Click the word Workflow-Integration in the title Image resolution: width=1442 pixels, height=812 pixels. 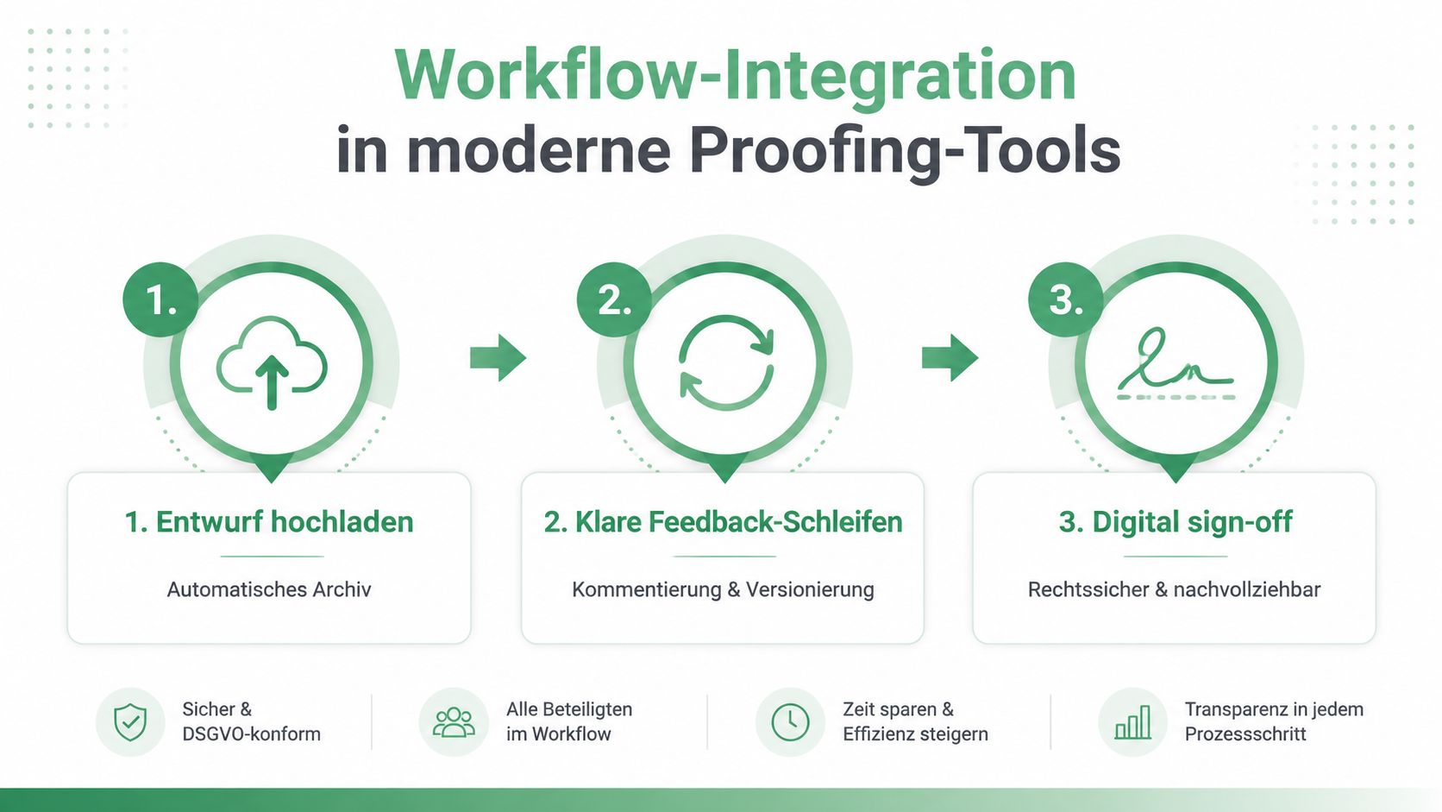(736, 76)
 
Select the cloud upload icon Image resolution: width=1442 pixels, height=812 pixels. (272, 362)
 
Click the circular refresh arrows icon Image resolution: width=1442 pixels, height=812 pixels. (726, 362)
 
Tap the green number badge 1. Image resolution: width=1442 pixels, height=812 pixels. (161, 299)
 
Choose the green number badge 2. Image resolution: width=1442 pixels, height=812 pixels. (615, 299)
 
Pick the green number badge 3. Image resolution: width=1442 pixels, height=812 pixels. (1066, 299)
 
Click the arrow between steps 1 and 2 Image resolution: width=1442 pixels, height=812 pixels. (498, 358)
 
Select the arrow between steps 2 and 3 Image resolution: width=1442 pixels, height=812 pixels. (950, 358)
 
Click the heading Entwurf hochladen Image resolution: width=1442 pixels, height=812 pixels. (285, 522)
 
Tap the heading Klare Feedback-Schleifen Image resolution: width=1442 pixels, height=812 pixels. (738, 522)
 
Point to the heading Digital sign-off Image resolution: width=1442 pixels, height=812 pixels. (1192, 522)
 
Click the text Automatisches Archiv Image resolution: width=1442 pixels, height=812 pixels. (269, 589)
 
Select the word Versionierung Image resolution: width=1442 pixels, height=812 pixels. (810, 589)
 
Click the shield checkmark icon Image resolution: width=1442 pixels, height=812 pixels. (131, 722)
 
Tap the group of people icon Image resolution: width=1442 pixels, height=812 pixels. (454, 722)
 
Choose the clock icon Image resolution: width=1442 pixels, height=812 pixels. (790, 722)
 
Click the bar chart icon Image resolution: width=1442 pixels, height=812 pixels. (1133, 722)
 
